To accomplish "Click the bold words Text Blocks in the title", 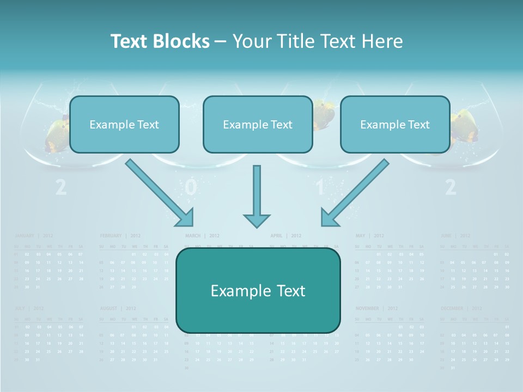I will click(160, 41).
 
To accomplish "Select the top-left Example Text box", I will click(124, 125).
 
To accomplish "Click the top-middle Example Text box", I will click(258, 125).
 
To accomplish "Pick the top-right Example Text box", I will click(395, 125).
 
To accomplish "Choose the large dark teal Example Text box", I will click(258, 291).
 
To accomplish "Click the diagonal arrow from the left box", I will click(160, 193).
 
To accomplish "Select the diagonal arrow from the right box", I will click(355, 193).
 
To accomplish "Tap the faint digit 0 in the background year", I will click(190, 187).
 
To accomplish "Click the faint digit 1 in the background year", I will click(320, 187).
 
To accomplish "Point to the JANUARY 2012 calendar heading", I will click(33, 236).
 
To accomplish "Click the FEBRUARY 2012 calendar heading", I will click(120, 236).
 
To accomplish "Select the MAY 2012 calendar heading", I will click(370, 236).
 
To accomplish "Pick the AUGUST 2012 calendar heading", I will click(118, 308).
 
